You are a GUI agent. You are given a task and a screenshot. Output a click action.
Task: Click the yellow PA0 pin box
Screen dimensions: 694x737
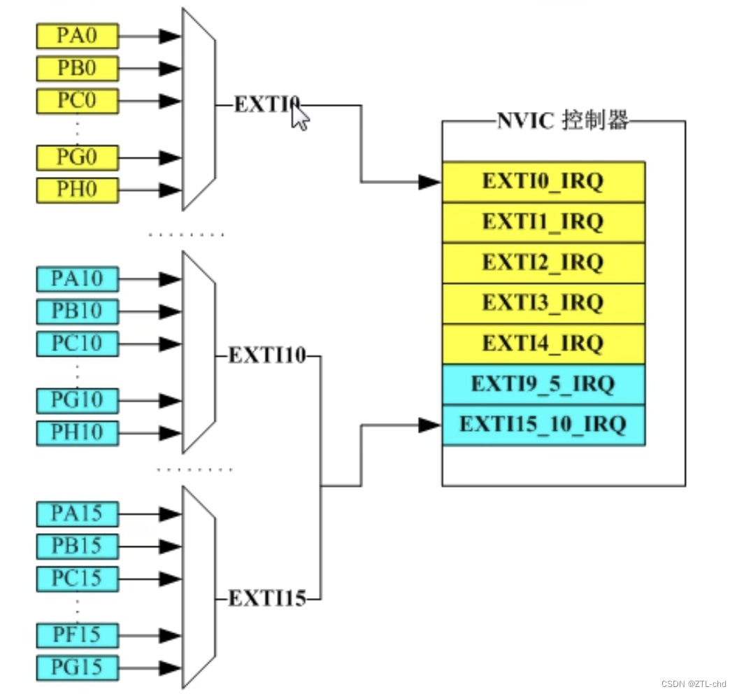(x=77, y=36)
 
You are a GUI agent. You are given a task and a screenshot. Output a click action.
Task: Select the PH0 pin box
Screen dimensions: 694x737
(x=77, y=190)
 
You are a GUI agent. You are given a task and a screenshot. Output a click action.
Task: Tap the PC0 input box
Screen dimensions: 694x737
(x=77, y=101)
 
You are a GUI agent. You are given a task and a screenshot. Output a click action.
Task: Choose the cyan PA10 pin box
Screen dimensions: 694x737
(x=77, y=279)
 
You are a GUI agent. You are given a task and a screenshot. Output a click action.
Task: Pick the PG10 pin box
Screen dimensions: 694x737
(x=77, y=400)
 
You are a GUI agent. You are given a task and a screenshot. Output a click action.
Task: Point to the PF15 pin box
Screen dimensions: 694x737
(x=77, y=635)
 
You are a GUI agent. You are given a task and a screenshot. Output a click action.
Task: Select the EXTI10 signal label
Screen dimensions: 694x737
(x=267, y=356)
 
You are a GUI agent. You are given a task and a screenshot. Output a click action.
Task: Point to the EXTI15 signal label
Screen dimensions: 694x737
(x=267, y=600)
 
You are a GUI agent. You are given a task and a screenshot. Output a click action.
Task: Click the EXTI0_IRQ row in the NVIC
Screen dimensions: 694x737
(x=543, y=182)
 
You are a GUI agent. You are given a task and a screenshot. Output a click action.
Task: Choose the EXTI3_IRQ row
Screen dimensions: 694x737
(x=543, y=304)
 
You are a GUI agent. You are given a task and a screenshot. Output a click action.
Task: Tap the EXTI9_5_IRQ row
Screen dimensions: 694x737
(x=543, y=384)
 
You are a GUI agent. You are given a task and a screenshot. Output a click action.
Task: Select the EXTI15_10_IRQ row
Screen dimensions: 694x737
(x=543, y=425)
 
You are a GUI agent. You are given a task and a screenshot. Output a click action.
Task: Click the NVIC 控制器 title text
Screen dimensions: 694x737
(x=563, y=121)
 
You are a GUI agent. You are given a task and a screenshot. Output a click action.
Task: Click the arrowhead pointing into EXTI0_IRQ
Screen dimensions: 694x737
(x=429, y=183)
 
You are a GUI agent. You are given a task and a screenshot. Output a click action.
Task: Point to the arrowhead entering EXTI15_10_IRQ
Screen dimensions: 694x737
(x=429, y=425)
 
